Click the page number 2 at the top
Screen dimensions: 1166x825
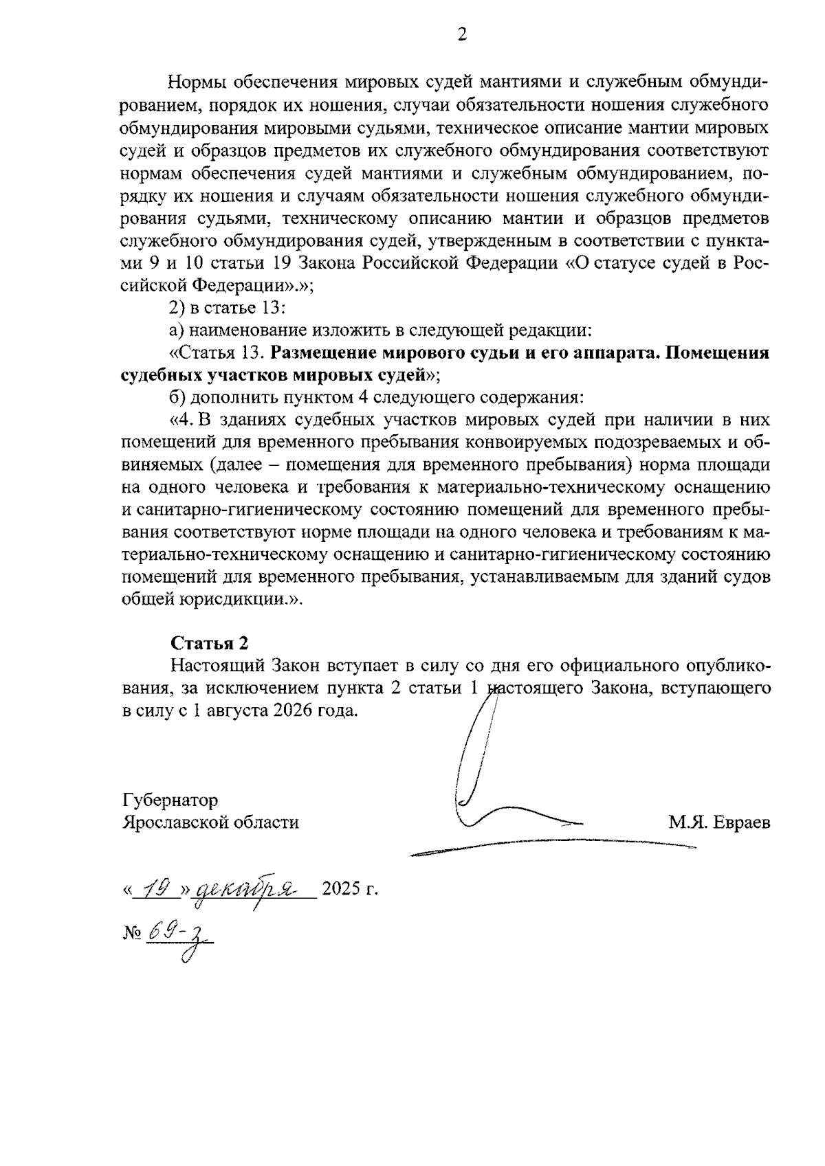tap(461, 35)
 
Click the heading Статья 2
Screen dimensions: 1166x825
tap(209, 643)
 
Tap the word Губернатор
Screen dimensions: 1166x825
tap(170, 800)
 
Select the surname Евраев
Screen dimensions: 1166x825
tap(741, 822)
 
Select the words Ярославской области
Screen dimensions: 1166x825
tap(210, 822)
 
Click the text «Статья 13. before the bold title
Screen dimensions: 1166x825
tap(217, 353)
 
